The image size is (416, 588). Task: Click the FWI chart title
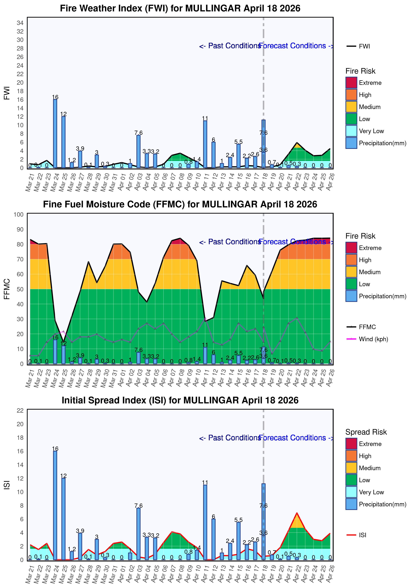pyautogui.click(x=180, y=8)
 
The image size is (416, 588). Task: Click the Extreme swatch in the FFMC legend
pyautogui.click(x=351, y=248)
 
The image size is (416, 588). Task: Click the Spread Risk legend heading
pyautogui.click(x=366, y=432)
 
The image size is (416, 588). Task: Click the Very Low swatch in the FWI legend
pyautogui.click(x=351, y=131)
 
